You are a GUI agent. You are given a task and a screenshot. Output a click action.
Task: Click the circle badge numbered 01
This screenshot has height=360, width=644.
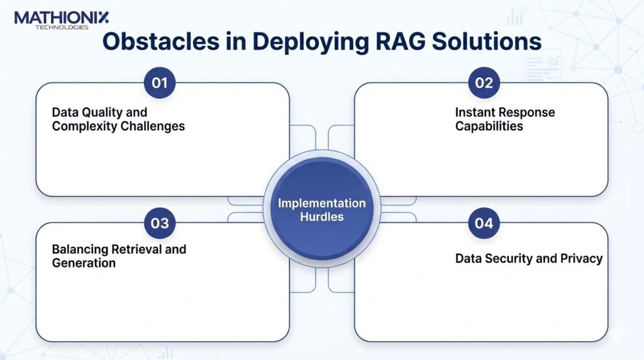(x=160, y=83)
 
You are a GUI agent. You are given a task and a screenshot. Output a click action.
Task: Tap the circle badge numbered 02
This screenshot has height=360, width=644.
(x=484, y=83)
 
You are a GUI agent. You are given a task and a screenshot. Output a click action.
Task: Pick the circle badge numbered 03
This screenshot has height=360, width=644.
(x=160, y=223)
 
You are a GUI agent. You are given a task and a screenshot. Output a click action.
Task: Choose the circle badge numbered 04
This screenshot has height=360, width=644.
(x=484, y=223)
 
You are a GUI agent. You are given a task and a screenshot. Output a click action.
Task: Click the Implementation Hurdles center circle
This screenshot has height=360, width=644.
(x=321, y=210)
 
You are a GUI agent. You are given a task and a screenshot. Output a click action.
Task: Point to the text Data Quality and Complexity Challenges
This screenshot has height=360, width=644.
(x=118, y=120)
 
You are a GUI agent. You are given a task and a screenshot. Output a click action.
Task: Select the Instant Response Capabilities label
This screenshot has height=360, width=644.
(x=505, y=120)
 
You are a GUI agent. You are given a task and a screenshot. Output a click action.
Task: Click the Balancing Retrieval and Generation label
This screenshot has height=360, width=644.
(x=119, y=256)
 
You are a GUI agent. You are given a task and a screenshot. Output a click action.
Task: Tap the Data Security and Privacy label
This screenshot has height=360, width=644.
(x=529, y=258)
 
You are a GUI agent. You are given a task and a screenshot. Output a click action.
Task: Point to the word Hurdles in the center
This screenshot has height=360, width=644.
(x=321, y=217)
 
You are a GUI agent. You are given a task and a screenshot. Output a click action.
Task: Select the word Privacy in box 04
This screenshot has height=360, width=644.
(x=582, y=258)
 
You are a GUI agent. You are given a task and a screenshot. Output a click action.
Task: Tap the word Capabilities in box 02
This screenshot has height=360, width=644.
(x=489, y=126)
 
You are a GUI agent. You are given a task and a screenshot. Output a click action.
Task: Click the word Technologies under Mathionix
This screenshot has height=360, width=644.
(x=61, y=27)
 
